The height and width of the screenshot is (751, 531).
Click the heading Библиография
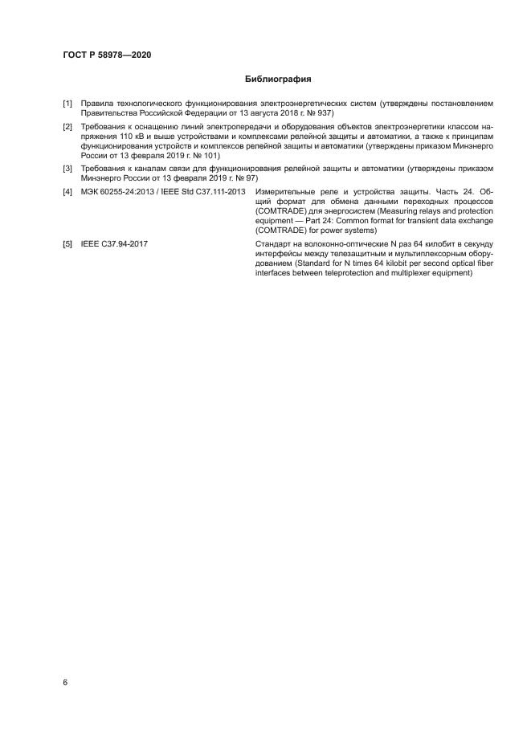click(x=278, y=80)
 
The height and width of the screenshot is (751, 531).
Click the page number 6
click(x=65, y=682)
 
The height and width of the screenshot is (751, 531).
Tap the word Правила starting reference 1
click(x=99, y=104)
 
